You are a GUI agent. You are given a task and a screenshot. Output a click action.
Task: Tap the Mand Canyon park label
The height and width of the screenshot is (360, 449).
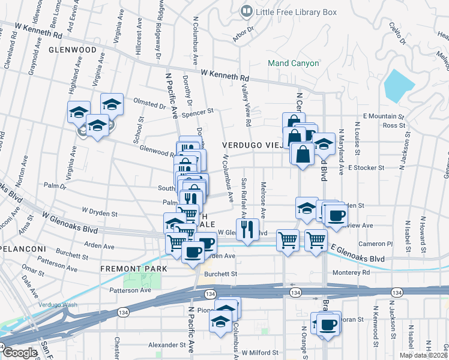tap(294, 62)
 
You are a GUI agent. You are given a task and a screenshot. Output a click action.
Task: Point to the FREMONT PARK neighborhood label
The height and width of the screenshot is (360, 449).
tap(133, 268)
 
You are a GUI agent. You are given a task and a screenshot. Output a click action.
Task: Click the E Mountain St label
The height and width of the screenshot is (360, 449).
tap(384, 116)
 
